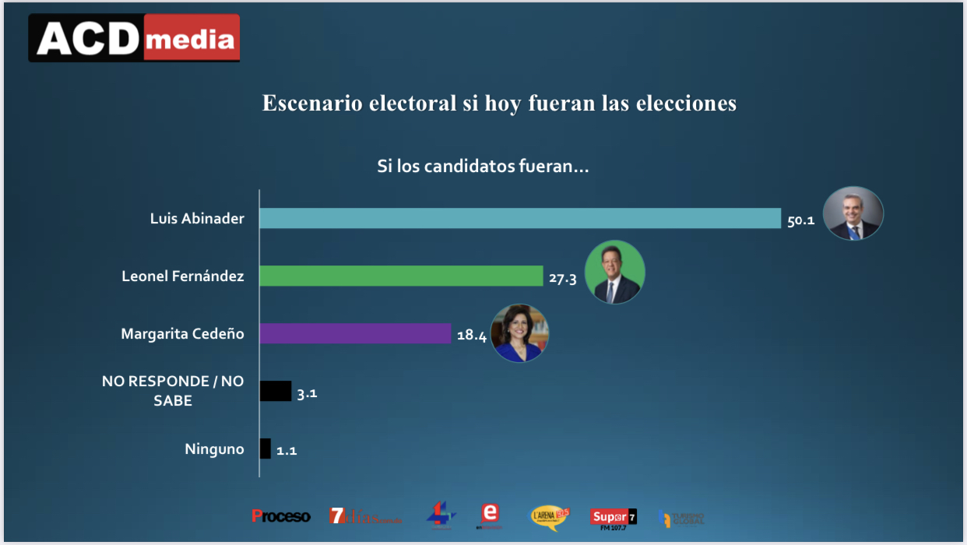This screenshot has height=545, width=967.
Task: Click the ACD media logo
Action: (135, 38)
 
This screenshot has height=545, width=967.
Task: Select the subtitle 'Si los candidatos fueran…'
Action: (483, 167)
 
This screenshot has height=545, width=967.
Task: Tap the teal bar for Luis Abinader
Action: (519, 218)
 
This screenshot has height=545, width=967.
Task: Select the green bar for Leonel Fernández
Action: (400, 276)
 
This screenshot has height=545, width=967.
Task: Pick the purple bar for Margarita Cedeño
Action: (355, 333)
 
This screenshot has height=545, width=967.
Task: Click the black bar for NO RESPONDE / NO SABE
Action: (275, 391)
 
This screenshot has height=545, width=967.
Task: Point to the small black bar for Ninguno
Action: (265, 448)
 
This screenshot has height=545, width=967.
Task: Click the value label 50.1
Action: (800, 220)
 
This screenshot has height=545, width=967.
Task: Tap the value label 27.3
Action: (562, 278)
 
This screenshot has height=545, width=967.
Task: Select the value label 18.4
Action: (471, 336)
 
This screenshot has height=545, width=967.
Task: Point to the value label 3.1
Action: (307, 393)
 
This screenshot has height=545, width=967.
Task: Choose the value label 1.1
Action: (287, 451)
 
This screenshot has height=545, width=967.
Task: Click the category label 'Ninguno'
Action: (214, 449)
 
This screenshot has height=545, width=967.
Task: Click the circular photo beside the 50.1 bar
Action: (853, 213)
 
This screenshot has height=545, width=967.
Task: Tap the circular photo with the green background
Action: (615, 272)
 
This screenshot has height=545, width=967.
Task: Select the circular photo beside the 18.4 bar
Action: (519, 332)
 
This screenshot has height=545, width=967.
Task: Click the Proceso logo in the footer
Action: (280, 516)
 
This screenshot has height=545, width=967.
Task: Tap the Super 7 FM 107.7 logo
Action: (613, 517)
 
